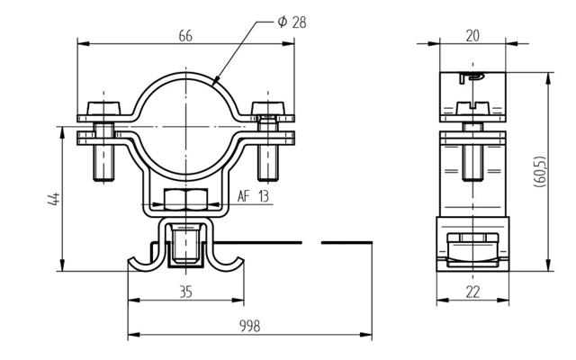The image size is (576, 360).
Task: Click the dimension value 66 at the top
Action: click(186, 35)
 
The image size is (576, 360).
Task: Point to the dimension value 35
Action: click(185, 291)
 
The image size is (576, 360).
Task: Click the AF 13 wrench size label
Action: click(253, 196)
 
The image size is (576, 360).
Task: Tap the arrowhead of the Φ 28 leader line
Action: click(217, 84)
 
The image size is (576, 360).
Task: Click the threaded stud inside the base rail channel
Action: click(185, 247)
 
